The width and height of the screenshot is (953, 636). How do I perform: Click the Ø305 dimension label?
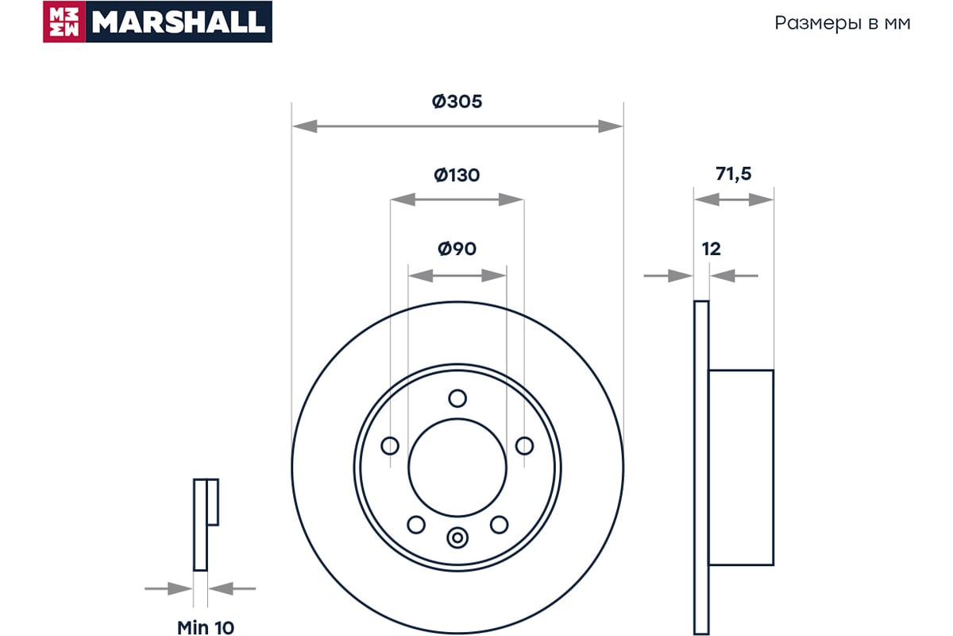(457, 102)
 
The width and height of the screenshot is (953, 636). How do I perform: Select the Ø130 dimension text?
(457, 175)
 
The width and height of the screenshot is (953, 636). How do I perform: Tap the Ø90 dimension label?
(457, 249)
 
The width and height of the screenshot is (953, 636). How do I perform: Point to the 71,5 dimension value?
(734, 174)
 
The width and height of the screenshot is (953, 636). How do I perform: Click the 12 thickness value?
(712, 249)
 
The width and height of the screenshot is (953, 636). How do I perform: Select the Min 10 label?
(206, 627)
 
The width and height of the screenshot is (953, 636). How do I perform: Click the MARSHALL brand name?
(178, 22)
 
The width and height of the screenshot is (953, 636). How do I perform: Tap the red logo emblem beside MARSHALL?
(64, 21)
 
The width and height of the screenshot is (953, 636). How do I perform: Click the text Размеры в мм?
(843, 23)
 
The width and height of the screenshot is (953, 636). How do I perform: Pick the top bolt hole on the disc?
(457, 398)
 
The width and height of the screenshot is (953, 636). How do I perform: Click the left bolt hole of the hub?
(390, 446)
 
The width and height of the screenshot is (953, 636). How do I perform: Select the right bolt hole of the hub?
(524, 446)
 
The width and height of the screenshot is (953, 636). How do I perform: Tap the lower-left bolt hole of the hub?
(416, 525)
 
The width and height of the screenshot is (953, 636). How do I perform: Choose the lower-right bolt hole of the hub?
(499, 525)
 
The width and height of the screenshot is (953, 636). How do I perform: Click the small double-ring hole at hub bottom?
(457, 537)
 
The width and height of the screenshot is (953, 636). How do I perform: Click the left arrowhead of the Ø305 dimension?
(305, 126)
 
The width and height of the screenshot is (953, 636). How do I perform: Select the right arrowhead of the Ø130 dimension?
(511, 200)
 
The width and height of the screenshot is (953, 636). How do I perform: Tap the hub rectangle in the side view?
(741, 467)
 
